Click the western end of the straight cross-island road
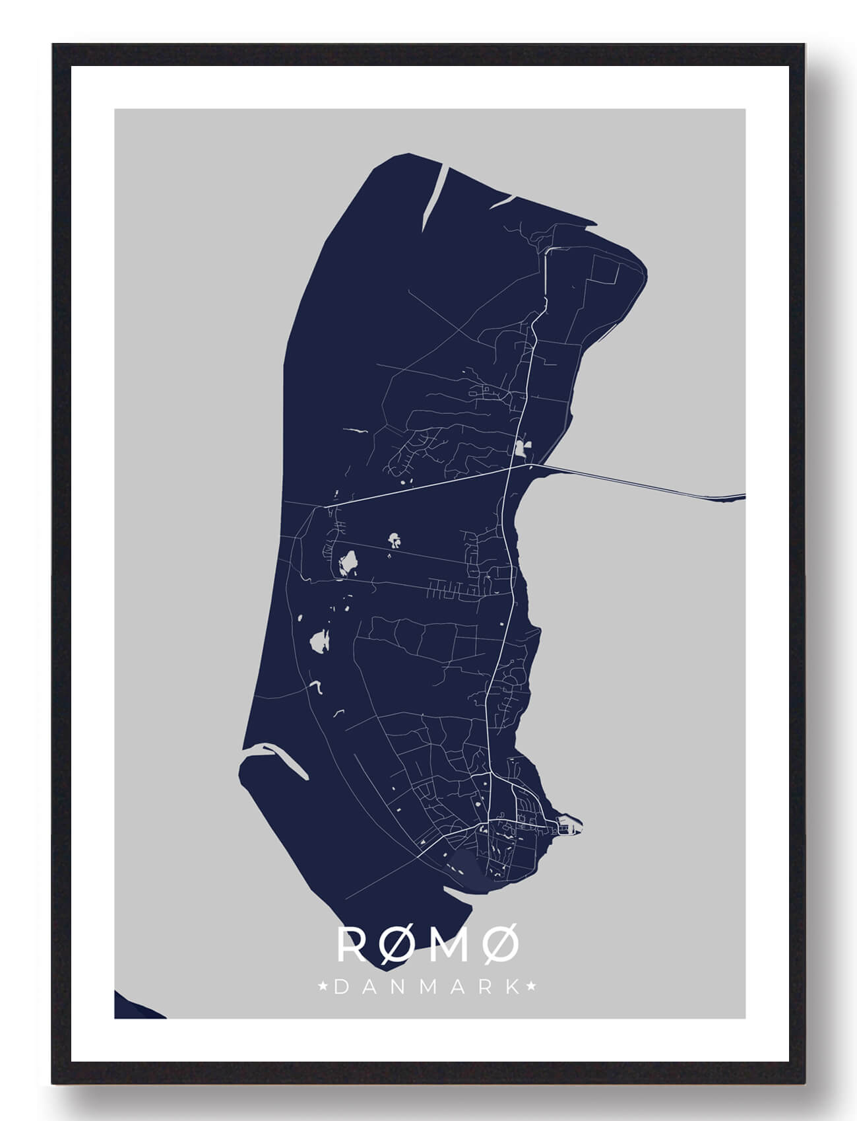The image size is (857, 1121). pos(325,507)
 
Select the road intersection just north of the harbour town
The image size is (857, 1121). pos(492,774)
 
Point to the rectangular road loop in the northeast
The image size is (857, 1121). pos(607,277)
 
